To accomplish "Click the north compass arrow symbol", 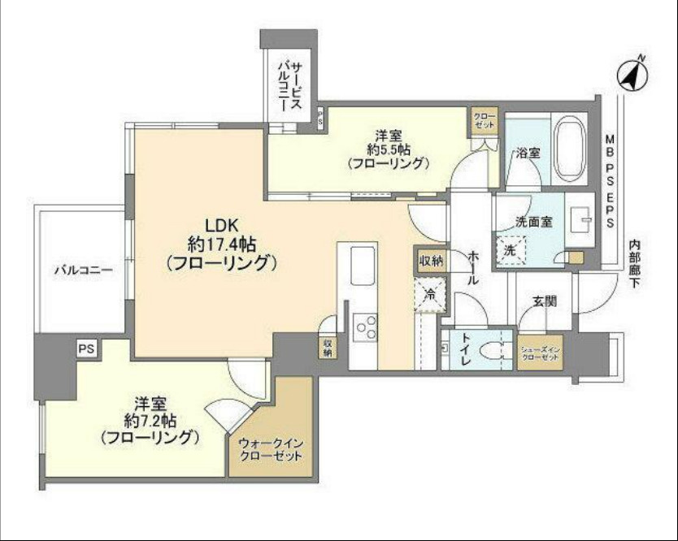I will (x=632, y=74).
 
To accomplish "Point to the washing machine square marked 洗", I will (x=511, y=249).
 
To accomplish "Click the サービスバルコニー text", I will (x=289, y=86).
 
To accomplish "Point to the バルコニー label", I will (x=79, y=270).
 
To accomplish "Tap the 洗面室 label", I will (x=533, y=222).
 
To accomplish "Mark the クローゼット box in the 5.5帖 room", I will (x=485, y=122).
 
